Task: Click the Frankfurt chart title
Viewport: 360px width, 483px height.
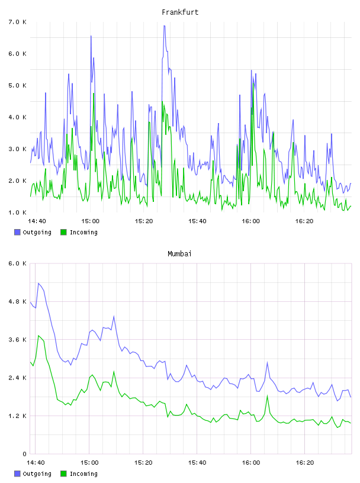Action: [x=180, y=12]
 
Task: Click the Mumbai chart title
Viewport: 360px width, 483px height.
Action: [x=179, y=254]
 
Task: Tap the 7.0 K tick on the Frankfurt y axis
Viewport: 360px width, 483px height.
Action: [x=17, y=22]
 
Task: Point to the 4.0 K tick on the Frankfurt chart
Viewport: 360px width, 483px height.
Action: [x=17, y=117]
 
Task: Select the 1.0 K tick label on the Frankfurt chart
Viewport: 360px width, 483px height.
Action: [x=17, y=212]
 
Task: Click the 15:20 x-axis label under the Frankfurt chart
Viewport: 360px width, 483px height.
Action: [x=144, y=221]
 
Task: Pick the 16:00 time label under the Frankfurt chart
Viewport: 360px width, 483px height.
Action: [x=250, y=221]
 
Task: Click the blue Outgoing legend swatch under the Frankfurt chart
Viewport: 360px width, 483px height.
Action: [x=17, y=232]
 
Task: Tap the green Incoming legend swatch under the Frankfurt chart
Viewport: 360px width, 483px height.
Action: [x=63, y=232]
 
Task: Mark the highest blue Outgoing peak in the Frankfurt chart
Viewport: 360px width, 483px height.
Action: [x=164, y=26]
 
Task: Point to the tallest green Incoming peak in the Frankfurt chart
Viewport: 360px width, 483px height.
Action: [x=253, y=82]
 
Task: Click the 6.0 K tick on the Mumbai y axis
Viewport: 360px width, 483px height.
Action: [x=17, y=263]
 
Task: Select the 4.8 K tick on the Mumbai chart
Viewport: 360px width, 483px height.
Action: [x=17, y=301]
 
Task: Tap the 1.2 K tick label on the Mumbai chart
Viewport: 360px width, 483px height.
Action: [x=17, y=416]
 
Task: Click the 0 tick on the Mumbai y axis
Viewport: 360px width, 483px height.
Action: [x=25, y=454]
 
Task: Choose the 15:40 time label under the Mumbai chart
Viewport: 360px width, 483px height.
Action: [x=197, y=462]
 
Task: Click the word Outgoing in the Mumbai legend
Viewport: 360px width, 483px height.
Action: [x=37, y=474]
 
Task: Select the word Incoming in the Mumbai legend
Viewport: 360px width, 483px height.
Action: [x=83, y=474]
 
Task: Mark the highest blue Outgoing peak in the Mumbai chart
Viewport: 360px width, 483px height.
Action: [x=38, y=283]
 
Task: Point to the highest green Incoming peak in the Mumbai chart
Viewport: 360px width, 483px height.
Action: [x=38, y=336]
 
